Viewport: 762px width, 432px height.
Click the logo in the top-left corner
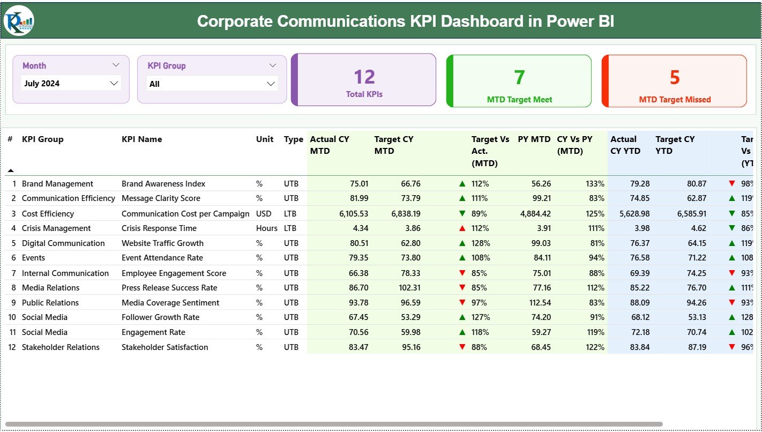(19, 20)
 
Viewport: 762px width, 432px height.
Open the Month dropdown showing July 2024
(71, 84)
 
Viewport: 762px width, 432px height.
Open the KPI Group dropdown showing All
(212, 84)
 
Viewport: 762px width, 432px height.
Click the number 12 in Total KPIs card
(364, 77)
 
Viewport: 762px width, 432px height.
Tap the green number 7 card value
(519, 78)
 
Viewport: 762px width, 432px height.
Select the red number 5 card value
(674, 78)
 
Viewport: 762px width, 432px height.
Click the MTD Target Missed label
(675, 100)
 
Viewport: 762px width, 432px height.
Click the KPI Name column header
(142, 139)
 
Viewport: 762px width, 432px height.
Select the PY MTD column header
(534, 139)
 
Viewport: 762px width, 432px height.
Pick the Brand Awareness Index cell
(163, 184)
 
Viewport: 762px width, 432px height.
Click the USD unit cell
(264, 214)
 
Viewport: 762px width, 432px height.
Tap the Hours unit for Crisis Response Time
(266, 228)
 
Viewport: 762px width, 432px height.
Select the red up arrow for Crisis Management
(462, 228)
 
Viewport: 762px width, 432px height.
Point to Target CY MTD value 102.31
(410, 288)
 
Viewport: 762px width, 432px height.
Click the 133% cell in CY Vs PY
(595, 184)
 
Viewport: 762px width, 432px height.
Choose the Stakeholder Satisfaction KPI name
(165, 347)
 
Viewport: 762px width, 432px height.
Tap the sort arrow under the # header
(10, 170)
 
